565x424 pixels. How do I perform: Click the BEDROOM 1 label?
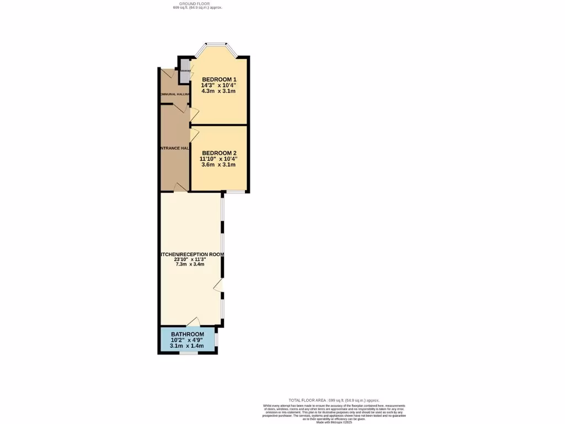click(218, 79)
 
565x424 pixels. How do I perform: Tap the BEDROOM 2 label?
click(218, 153)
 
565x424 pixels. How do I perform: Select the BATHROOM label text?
click(187, 335)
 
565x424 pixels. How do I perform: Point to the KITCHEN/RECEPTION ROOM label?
click(191, 255)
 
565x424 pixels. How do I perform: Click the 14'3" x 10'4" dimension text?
click(218, 86)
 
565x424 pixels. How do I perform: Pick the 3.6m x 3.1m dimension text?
click(218, 165)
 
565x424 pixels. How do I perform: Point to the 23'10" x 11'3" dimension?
click(190, 259)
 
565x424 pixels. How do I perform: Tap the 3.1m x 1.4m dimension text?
click(187, 346)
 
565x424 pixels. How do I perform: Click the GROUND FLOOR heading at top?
click(198, 4)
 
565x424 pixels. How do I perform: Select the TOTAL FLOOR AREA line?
click(334, 400)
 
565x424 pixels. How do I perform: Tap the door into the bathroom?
click(193, 322)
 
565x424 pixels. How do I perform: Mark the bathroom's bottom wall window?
click(188, 352)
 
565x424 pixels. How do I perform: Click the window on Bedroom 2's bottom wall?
click(236, 192)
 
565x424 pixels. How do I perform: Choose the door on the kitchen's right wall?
click(218, 285)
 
